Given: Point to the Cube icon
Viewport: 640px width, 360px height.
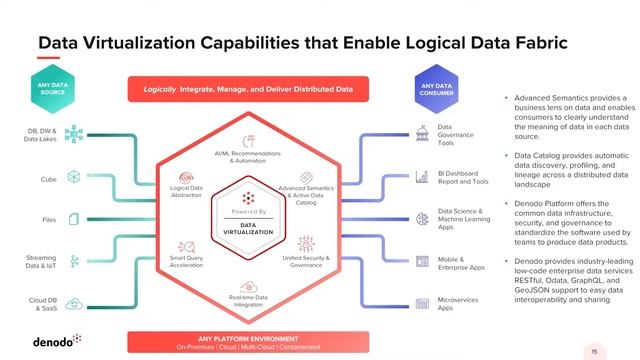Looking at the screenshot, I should click(74, 177).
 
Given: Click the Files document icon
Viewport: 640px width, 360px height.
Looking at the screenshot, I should click(74, 219).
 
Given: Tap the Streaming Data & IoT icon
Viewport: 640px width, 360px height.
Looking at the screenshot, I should click(74, 262).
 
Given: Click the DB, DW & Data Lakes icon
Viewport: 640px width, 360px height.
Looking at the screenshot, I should click(74, 134).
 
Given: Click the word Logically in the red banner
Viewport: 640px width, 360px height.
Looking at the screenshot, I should click(159, 89).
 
